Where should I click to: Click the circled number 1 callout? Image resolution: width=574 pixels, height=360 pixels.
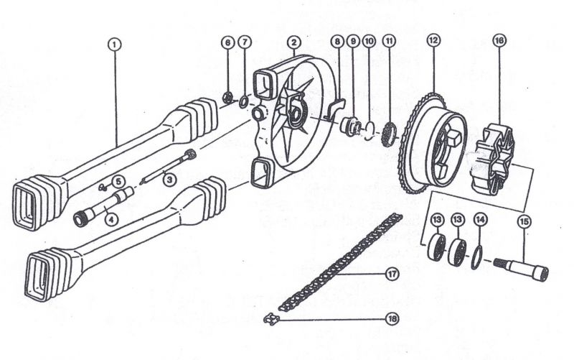tap(115, 45)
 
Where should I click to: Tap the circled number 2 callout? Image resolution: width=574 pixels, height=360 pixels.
tap(293, 42)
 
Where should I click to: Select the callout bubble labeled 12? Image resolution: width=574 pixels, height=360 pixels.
tap(433, 40)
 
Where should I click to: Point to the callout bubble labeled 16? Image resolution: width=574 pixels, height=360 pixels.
tap(499, 40)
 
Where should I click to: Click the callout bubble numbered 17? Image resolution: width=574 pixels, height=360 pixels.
tap(392, 274)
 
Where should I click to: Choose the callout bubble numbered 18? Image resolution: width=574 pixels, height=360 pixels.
tap(392, 318)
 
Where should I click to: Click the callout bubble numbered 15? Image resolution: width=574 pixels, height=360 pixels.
tap(524, 222)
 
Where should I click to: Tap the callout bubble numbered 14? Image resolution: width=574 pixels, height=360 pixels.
tap(481, 220)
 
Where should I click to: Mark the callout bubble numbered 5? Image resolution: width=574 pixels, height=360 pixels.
tap(118, 182)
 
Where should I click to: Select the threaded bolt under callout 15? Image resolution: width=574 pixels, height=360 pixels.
tap(522, 269)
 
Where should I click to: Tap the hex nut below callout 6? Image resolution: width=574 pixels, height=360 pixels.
tap(227, 98)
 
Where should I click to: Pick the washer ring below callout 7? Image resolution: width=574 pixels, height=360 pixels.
tap(244, 101)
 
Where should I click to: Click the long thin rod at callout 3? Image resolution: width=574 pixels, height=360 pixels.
tap(169, 165)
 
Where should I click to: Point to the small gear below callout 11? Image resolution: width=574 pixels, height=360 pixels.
tap(388, 134)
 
